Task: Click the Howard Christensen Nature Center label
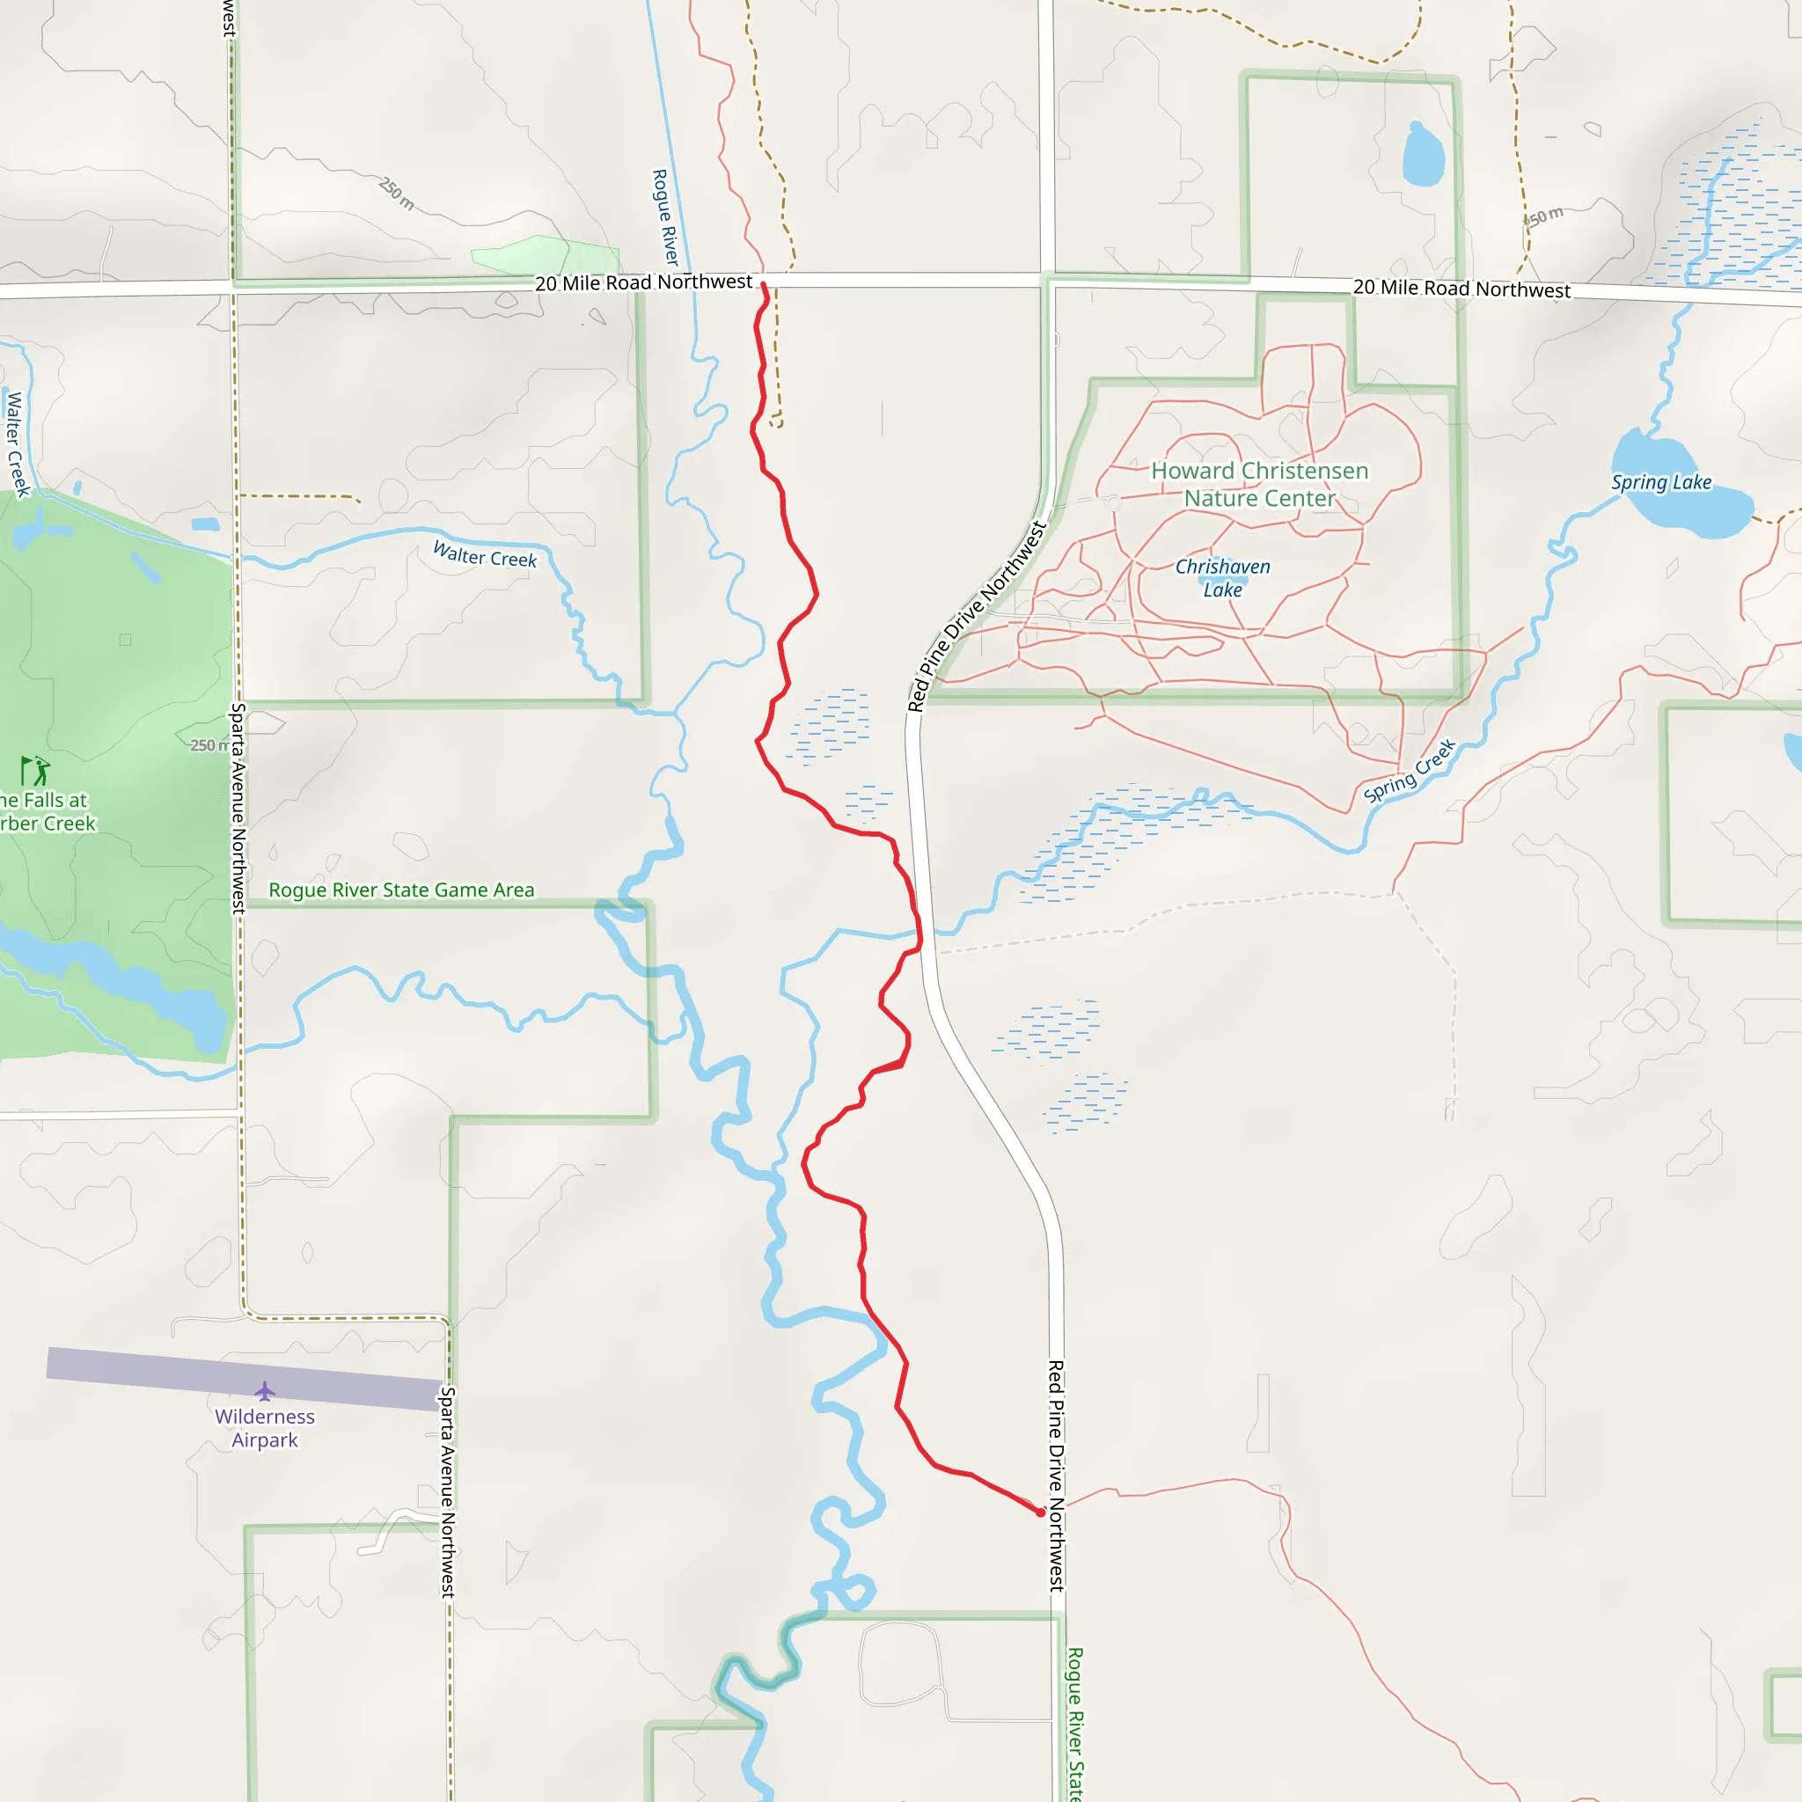pos(1259,484)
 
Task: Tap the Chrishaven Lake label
pos(1222,578)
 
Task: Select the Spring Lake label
pos(1661,482)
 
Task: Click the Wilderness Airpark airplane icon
pos(265,1392)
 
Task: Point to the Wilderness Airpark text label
pos(265,1428)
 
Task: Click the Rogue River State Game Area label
pos(401,890)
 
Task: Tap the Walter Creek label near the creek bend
pos(485,555)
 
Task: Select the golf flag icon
pos(35,771)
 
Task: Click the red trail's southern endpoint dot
pos(1041,1513)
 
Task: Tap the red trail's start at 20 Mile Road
pos(763,284)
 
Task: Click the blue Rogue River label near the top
pos(665,217)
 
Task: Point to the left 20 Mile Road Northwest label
pos(643,282)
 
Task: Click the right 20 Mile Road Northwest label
pos(1461,289)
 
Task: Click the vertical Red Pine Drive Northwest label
pos(1056,1475)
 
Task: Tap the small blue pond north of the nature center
pos(1424,155)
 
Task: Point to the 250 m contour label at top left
pos(398,193)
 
